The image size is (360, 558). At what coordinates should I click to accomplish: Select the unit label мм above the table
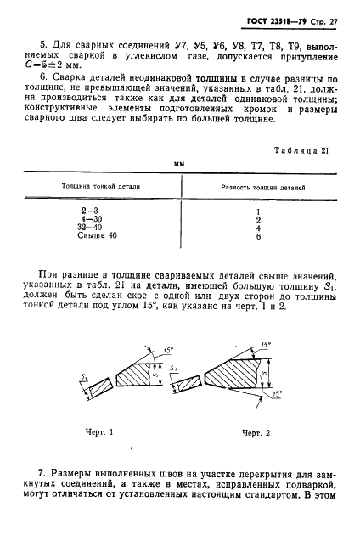[179, 165]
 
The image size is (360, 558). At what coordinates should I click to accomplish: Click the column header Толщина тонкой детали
[101, 185]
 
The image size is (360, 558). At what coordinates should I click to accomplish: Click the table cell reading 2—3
[88, 209]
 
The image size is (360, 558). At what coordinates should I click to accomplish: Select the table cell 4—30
[88, 218]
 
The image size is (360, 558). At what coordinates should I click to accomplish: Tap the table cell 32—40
[88, 227]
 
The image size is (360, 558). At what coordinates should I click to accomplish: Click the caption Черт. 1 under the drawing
[101, 431]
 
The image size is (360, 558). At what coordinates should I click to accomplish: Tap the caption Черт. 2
[256, 431]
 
